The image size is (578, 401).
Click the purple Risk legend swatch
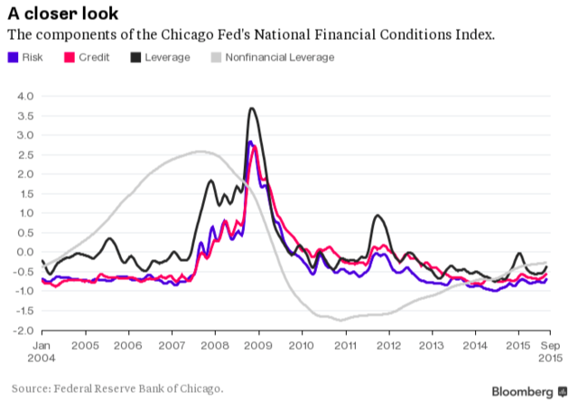13,58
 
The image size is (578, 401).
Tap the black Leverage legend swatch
136,58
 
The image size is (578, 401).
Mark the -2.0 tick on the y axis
22,331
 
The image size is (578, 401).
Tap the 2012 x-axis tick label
387,345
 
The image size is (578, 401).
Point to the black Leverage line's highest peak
251,108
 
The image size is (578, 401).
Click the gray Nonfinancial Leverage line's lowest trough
340,320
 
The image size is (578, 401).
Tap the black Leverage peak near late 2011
377,215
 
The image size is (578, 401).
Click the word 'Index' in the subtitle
476,35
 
